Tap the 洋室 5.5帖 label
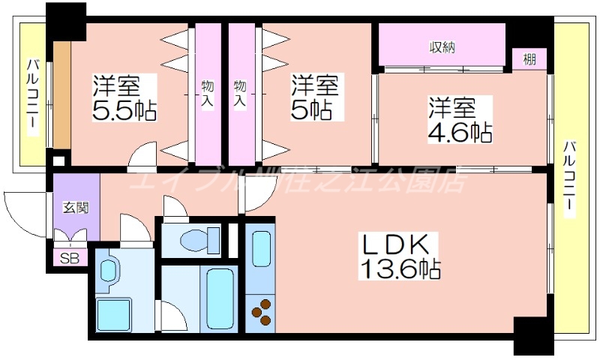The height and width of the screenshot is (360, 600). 124,97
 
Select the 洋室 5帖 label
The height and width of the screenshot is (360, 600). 315,97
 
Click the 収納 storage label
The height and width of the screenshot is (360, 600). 442,46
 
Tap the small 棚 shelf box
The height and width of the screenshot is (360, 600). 529,59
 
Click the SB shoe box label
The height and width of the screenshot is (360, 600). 69,259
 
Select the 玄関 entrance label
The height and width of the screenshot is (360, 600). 76,206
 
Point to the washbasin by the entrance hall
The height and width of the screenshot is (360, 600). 108,270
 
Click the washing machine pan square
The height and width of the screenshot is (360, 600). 112,315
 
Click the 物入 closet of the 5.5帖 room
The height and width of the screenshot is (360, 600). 208,94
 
